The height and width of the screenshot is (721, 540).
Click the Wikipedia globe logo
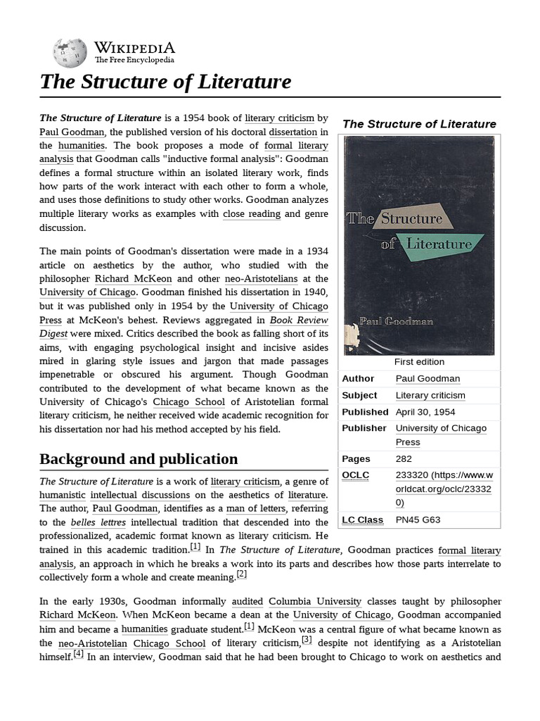[x=70, y=53]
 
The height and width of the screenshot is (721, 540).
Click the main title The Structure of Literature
[x=165, y=82]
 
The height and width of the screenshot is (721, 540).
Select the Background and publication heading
[x=139, y=459]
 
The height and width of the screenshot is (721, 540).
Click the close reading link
[x=252, y=214]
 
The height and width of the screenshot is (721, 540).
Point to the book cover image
[x=419, y=246]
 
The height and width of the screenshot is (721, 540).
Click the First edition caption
[x=419, y=362]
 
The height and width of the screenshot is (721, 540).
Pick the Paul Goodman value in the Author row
[x=427, y=379]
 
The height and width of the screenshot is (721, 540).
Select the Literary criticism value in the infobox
[x=430, y=395]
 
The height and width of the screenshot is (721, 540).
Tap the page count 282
[x=404, y=459]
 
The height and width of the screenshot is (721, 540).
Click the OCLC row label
[x=355, y=475]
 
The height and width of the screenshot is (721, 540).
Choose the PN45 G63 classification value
[x=419, y=520]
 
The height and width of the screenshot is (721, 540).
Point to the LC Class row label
[x=362, y=520]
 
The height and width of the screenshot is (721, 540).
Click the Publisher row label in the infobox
[x=364, y=428]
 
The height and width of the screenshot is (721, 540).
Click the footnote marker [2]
[x=241, y=574]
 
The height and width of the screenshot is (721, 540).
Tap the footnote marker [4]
[x=78, y=654]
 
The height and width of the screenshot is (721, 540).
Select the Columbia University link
[x=315, y=601]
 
